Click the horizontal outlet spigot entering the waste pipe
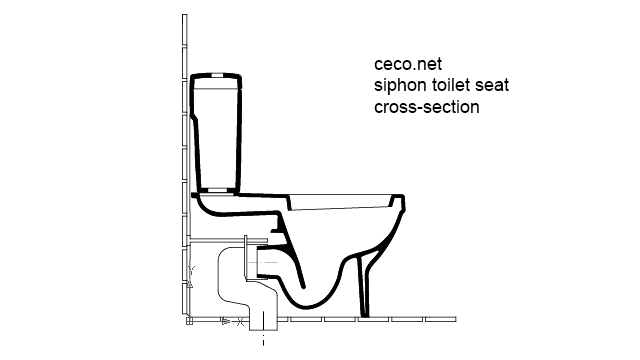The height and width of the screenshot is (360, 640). pyautogui.click(x=270, y=262)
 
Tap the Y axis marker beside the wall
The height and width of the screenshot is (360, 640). pyautogui.click(x=190, y=273)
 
